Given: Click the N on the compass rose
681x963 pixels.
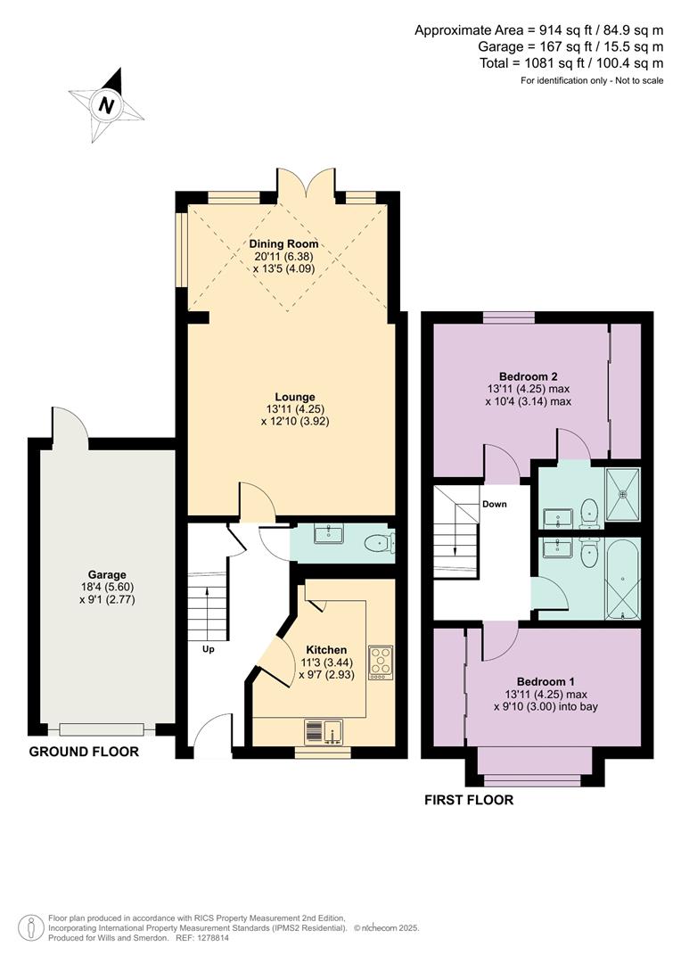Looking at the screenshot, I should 107,105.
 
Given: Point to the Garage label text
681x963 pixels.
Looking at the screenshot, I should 106,575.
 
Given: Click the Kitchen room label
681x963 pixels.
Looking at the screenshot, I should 326,650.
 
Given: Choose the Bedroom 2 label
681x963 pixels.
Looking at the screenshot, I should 523,375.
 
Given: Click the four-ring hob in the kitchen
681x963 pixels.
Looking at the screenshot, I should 381,662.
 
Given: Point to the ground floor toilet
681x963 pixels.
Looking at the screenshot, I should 381,540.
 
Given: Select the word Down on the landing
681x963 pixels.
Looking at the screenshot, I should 494,504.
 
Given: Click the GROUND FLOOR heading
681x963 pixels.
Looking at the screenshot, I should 84,752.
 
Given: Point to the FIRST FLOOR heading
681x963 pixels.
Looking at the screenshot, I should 469,800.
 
